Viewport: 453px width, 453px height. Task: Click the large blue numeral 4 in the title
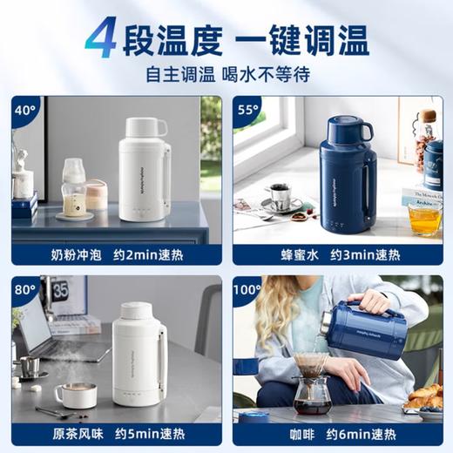pyautogui.click(x=101, y=39)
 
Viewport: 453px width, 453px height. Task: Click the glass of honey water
pyautogui.click(x=424, y=218)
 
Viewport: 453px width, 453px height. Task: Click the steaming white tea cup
pyautogui.click(x=76, y=395)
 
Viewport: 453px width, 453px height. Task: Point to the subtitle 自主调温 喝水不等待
pyautogui.click(x=226, y=74)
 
